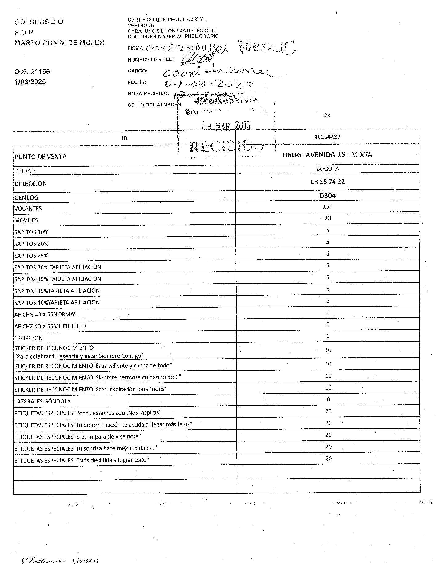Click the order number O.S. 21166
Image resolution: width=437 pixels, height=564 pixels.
pos(32,72)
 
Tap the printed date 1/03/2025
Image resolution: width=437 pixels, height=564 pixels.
pos(30,82)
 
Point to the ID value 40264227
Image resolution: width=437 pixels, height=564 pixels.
pos(327,137)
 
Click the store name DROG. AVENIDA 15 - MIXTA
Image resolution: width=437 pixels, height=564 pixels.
pos(327,155)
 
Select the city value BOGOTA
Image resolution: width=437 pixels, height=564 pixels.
pos(327,169)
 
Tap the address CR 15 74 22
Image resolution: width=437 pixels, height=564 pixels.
pos(327,181)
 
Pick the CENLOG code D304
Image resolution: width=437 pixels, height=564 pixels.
pos(327,195)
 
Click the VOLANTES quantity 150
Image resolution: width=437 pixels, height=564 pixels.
pos(327,206)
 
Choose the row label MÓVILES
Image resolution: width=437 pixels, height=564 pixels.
pos(26,220)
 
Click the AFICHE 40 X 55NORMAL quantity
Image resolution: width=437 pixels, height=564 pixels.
pos(328,312)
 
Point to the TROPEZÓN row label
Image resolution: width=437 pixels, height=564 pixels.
pos(28,338)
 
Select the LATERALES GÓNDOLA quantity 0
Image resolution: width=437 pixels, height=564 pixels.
pos(328,399)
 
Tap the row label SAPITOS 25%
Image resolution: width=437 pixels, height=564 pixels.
pos(31,256)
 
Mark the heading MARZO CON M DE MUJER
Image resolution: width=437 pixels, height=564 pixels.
pos(59,42)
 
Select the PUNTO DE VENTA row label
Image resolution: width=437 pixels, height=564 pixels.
pos(41,157)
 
